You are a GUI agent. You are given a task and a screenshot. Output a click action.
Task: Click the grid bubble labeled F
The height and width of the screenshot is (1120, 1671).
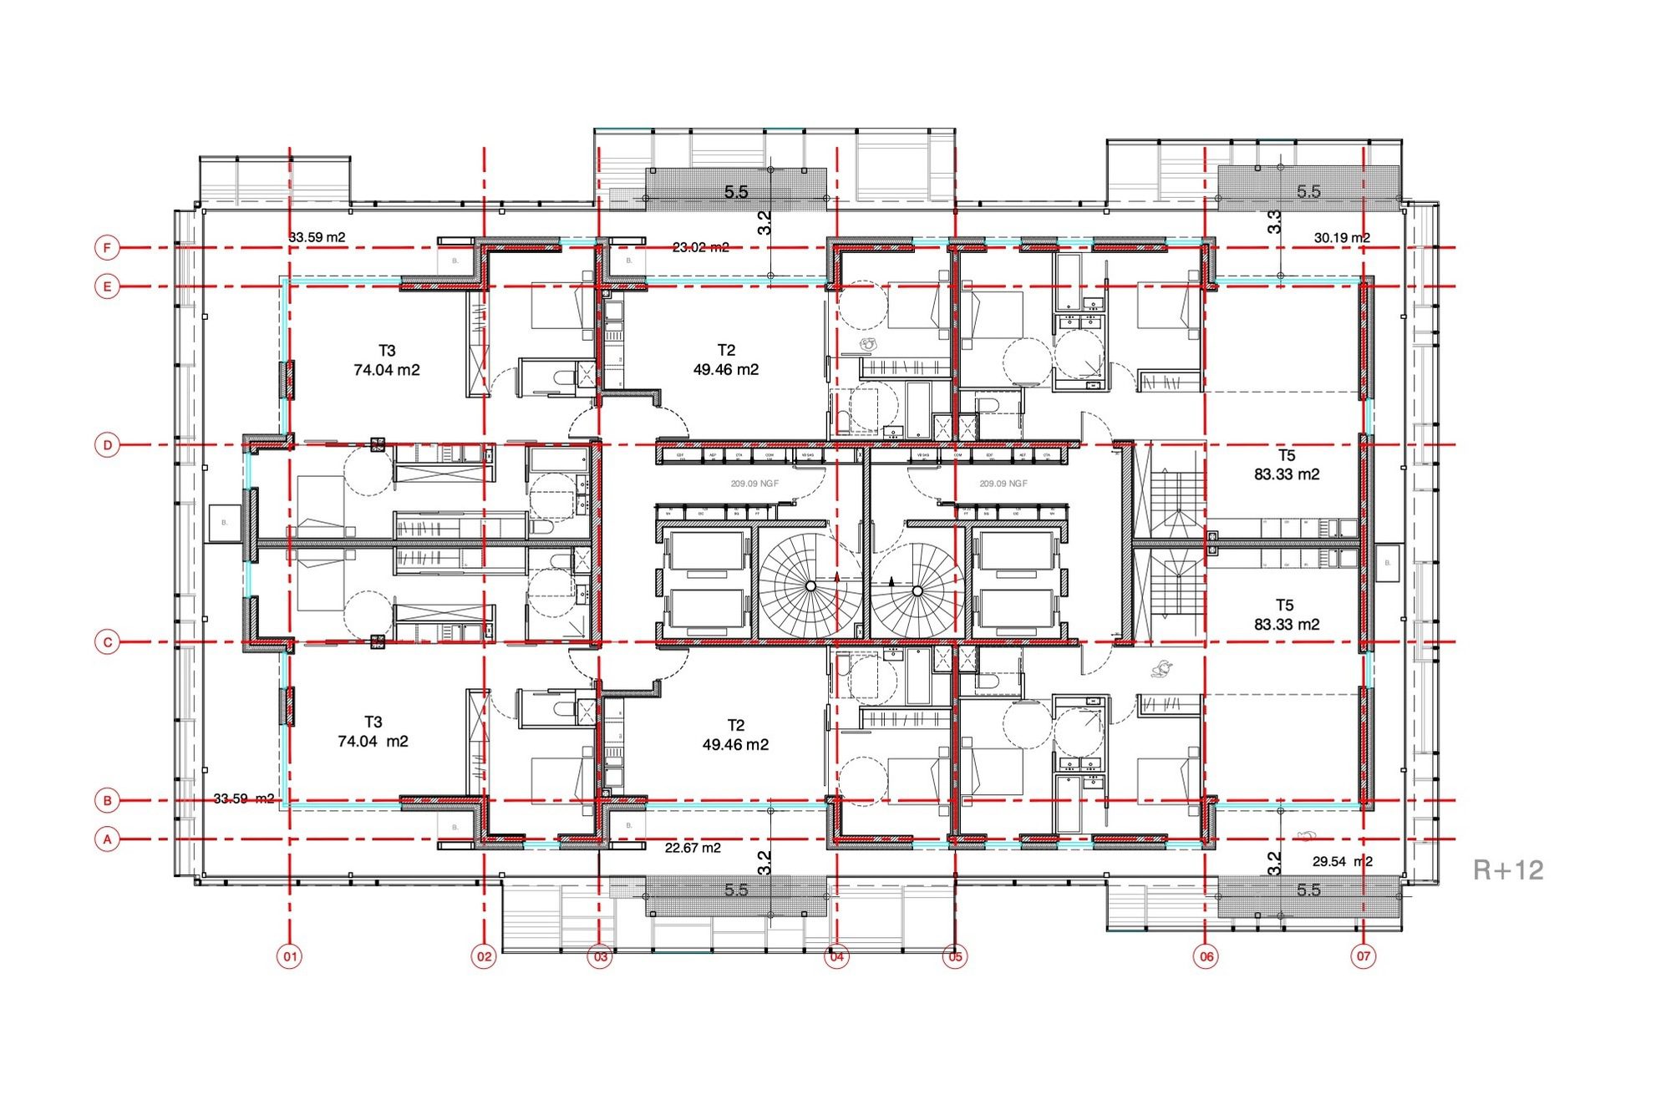(x=107, y=248)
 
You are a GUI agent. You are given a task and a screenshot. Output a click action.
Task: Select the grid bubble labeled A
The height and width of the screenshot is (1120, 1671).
(x=107, y=839)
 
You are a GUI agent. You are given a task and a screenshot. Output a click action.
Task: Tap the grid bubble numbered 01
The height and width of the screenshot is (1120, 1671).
(x=289, y=956)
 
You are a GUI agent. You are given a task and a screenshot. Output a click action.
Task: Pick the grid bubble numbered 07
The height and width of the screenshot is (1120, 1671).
(x=1364, y=956)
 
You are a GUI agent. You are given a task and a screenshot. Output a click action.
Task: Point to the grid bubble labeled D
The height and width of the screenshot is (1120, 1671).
(x=107, y=445)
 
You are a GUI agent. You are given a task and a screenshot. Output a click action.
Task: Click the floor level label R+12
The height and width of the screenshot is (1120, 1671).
(x=1507, y=870)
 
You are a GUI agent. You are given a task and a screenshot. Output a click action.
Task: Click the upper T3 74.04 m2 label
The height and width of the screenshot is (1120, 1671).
(x=386, y=360)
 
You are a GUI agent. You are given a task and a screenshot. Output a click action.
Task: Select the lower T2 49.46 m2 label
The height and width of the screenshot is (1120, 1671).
(x=735, y=735)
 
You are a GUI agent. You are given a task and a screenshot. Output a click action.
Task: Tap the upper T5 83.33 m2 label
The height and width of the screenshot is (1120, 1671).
(x=1287, y=464)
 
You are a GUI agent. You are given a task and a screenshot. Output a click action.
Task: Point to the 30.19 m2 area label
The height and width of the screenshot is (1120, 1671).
(x=1342, y=238)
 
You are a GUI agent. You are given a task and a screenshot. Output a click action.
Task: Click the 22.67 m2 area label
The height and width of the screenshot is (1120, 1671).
(x=693, y=848)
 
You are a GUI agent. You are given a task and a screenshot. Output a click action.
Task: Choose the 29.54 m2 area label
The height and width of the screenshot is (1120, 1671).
(x=1342, y=861)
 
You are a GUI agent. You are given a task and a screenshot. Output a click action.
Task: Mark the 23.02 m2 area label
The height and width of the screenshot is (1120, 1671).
(x=700, y=247)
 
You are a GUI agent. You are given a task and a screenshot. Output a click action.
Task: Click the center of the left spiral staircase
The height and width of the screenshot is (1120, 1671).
(x=810, y=587)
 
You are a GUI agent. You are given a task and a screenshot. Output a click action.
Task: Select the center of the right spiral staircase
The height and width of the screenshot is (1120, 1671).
(x=917, y=590)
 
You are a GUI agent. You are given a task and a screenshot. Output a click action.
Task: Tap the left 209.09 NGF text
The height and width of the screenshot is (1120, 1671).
(x=755, y=484)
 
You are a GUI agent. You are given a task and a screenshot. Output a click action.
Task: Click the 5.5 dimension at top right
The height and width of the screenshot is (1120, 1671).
(x=1308, y=192)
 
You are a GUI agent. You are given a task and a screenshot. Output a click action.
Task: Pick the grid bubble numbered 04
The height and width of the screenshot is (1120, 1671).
(x=836, y=956)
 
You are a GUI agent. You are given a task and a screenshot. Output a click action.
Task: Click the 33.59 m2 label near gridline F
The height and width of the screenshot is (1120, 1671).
(x=317, y=237)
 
